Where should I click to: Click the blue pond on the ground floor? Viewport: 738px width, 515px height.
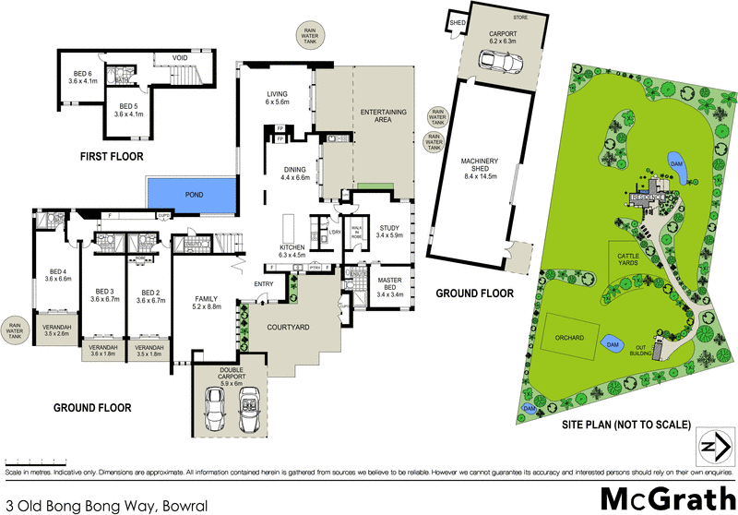[x=190, y=194]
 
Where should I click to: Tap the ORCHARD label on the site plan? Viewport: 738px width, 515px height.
[x=570, y=338]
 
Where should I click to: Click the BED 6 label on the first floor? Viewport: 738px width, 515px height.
[x=83, y=78]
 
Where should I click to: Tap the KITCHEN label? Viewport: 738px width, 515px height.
[x=292, y=253]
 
